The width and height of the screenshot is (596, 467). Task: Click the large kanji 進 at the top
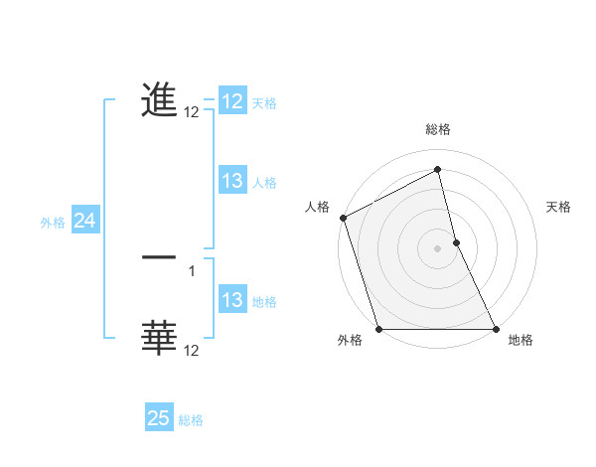(x=159, y=99)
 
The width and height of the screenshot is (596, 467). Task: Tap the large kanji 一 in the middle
(x=159, y=257)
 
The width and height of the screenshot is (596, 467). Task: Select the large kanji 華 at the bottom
(x=159, y=338)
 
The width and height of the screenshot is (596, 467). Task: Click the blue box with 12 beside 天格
(x=232, y=102)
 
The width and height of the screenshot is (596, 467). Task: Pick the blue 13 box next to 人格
(x=232, y=181)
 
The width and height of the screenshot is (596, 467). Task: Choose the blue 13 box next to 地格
(x=232, y=301)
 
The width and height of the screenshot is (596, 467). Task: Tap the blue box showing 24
(x=85, y=222)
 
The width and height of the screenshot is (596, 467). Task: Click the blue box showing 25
(x=159, y=418)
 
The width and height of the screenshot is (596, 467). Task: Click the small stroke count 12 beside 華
(x=192, y=351)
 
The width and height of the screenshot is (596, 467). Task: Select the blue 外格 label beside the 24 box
(x=53, y=223)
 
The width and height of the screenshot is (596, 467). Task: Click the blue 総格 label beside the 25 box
(x=191, y=420)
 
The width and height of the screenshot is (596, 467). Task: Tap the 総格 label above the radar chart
(x=437, y=129)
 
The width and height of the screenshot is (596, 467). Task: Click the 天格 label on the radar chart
(x=558, y=207)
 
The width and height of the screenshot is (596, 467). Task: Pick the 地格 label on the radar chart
(x=521, y=340)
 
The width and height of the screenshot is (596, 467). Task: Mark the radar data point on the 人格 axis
(x=343, y=218)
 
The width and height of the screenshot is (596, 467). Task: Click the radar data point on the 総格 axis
(x=437, y=170)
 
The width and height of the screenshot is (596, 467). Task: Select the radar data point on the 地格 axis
(x=495, y=329)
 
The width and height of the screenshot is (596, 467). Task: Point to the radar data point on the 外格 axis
(x=379, y=329)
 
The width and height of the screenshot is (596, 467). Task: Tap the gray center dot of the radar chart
(x=437, y=248)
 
